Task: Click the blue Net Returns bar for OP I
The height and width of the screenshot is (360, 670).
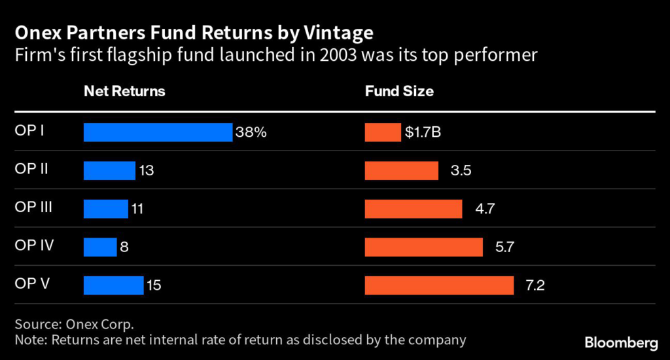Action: pyautogui.click(x=158, y=132)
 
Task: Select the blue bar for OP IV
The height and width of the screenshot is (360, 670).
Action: pyautogui.click(x=100, y=247)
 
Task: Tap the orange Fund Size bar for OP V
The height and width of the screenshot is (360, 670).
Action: pyautogui.click(x=439, y=285)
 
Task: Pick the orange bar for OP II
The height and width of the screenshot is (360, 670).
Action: pyautogui.click(x=401, y=171)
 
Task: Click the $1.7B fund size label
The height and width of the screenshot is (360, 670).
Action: pyautogui.click(x=423, y=132)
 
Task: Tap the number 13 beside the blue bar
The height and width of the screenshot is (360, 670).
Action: pyautogui.click(x=146, y=171)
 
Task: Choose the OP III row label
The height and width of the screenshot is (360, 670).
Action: pyautogui.click(x=34, y=207)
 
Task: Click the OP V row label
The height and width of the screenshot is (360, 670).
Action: pyautogui.click(x=33, y=284)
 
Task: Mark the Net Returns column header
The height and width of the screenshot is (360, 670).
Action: pyautogui.click(x=124, y=92)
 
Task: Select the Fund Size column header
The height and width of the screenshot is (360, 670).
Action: pyautogui.click(x=399, y=92)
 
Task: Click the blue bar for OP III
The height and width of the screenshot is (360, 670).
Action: pyautogui.click(x=106, y=209)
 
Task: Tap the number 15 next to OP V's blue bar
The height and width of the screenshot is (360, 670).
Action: pyautogui.click(x=154, y=285)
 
